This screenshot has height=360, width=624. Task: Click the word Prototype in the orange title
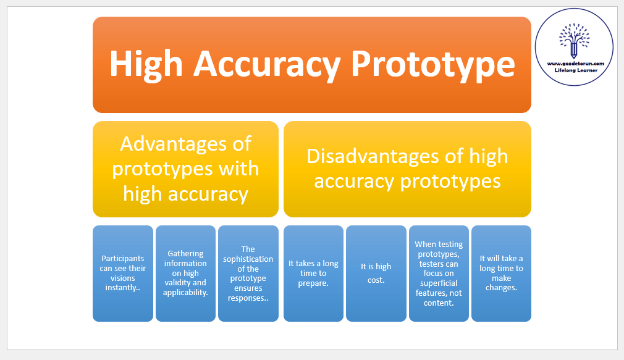tap(433, 64)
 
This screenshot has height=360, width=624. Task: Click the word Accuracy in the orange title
tap(267, 64)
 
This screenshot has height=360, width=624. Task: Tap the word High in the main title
tap(146, 64)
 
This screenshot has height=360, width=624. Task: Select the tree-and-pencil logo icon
tap(574, 40)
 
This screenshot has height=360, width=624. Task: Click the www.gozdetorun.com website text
tap(575, 64)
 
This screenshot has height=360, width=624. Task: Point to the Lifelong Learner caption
tap(576, 70)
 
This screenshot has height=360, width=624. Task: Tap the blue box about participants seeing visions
tap(123, 274)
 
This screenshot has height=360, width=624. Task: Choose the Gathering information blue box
tap(185, 274)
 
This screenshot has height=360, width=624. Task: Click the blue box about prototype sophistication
tap(248, 274)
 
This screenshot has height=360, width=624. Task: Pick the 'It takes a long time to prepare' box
tap(314, 274)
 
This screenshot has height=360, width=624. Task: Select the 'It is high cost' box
tap(376, 274)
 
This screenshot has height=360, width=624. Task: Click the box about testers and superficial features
tap(439, 274)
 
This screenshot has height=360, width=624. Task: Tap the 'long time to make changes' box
tap(502, 274)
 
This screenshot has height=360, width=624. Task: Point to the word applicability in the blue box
tap(185, 293)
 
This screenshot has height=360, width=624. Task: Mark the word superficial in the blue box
tap(439, 283)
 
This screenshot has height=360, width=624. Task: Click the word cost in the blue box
tap(376, 280)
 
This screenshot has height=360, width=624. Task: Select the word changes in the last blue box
tap(502, 288)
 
